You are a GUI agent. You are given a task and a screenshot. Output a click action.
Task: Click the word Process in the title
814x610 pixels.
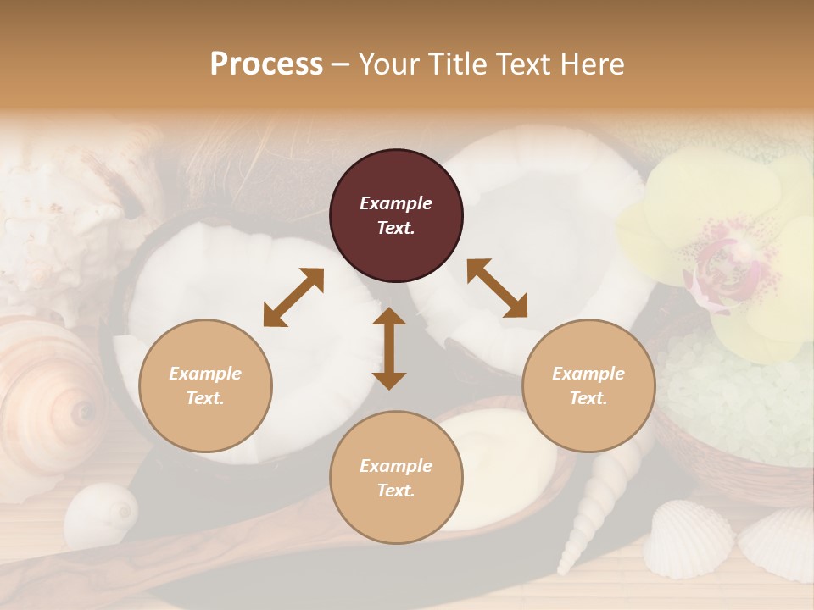pos(266,64)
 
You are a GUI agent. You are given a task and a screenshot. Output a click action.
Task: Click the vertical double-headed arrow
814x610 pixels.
pos(389,348)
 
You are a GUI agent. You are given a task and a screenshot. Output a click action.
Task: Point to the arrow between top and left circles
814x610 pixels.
pos(293,297)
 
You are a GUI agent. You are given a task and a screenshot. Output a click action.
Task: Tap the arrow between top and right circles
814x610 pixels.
pos(497,288)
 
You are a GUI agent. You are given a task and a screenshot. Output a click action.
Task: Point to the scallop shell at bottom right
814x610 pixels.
pos(688,539)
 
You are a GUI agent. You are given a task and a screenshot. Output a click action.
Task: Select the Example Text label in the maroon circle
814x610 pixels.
pos(396,215)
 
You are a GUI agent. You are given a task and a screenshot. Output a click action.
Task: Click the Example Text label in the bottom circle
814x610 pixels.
pos(396,478)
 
